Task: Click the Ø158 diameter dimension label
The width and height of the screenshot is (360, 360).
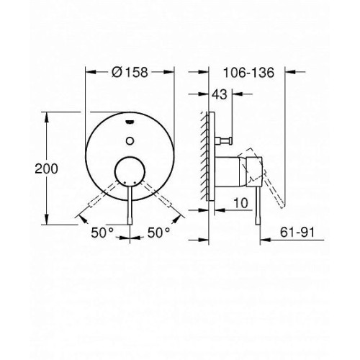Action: click(x=130, y=72)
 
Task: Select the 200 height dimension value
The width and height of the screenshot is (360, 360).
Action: click(x=46, y=168)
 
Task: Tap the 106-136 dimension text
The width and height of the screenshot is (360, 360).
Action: click(x=248, y=72)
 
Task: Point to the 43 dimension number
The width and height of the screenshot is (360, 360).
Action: click(x=220, y=94)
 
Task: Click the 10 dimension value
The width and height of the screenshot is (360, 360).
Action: click(x=240, y=203)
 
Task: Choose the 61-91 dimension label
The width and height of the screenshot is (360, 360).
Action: click(x=297, y=232)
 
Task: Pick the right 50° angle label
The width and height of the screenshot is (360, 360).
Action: click(x=158, y=233)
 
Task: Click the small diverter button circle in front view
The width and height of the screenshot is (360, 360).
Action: click(x=130, y=141)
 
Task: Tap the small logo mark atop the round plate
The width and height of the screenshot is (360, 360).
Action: click(x=130, y=122)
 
